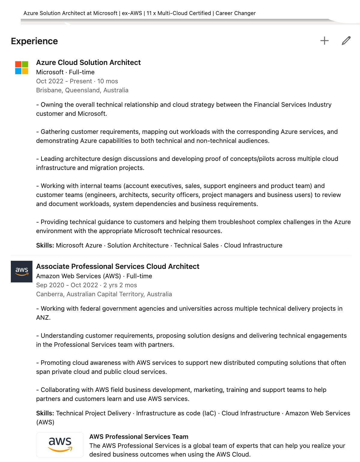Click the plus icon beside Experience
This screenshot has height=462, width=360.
(x=325, y=41)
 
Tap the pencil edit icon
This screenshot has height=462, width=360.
(x=346, y=41)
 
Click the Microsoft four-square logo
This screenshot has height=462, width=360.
(x=22, y=68)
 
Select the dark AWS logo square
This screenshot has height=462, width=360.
(x=22, y=272)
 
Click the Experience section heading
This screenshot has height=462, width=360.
(x=34, y=41)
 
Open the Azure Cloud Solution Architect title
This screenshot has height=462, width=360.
(x=88, y=63)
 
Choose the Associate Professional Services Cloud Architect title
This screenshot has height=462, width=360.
(x=117, y=266)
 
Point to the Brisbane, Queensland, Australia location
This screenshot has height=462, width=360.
(x=82, y=90)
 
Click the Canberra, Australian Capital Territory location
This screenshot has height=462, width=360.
(x=104, y=294)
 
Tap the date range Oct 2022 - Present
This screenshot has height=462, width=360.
(x=64, y=81)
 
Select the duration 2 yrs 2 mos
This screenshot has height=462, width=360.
(x=120, y=285)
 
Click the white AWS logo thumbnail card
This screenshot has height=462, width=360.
(x=60, y=445)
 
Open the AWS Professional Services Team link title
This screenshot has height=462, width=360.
(x=139, y=437)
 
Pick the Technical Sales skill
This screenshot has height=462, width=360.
(x=196, y=245)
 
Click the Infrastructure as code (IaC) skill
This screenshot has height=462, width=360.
(x=176, y=413)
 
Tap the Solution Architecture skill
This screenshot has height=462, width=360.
(x=138, y=245)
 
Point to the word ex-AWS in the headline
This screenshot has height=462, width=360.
(x=132, y=13)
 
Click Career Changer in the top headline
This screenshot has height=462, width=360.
(x=236, y=13)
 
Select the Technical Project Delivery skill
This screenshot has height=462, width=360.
(x=93, y=413)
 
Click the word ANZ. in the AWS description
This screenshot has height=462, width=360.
(x=43, y=318)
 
